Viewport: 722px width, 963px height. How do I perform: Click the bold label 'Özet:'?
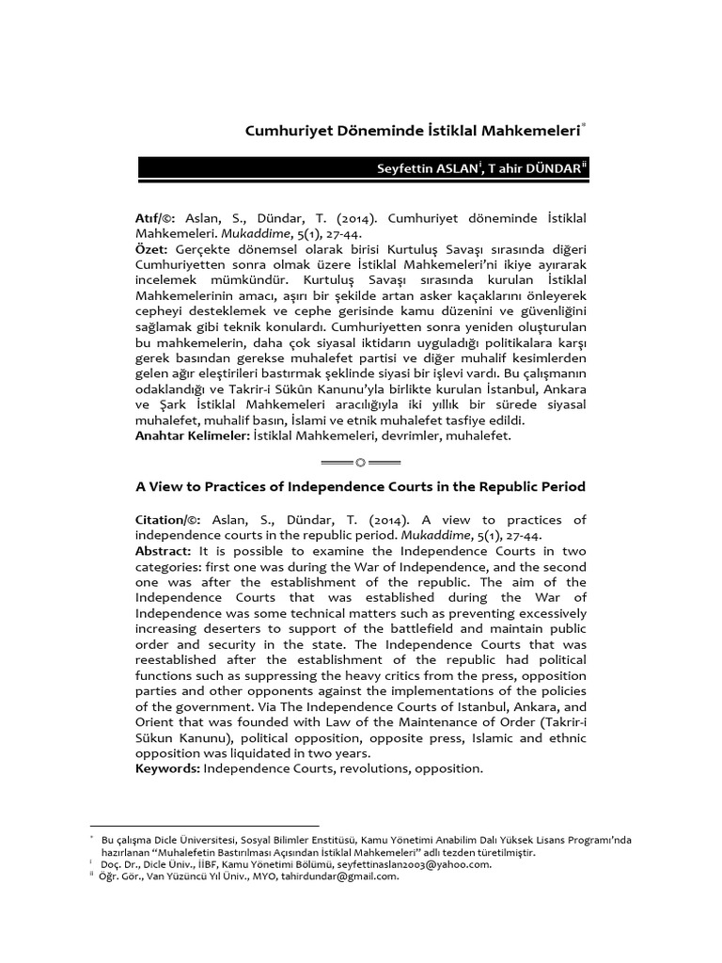(x=151, y=247)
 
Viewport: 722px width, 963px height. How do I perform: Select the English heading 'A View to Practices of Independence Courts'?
(x=361, y=487)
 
